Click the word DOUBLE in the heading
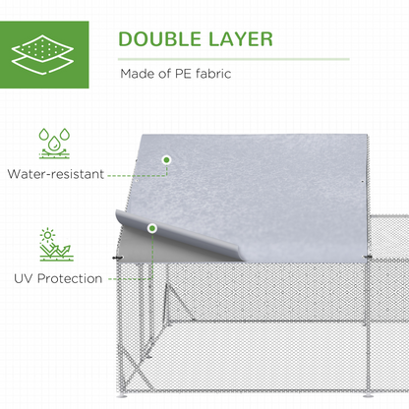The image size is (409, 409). click(x=159, y=39)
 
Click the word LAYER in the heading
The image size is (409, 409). click(x=241, y=39)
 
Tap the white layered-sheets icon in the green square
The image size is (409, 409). click(x=42, y=54)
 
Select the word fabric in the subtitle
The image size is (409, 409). click(x=213, y=74)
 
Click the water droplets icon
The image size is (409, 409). click(x=54, y=144)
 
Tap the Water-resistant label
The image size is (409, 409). click(x=56, y=174)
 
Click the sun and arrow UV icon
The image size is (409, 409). click(x=55, y=245)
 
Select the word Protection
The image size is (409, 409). click(x=70, y=278)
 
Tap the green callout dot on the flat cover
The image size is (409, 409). click(x=167, y=160)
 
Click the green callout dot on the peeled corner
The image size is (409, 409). click(x=151, y=228)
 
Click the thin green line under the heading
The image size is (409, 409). click(x=234, y=59)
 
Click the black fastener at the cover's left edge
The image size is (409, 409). click(x=116, y=258)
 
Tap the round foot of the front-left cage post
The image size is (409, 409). click(x=122, y=396)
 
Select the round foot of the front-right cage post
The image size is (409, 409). click(x=370, y=396)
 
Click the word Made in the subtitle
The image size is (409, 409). click(x=137, y=74)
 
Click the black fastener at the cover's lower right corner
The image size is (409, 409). click(x=367, y=257)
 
